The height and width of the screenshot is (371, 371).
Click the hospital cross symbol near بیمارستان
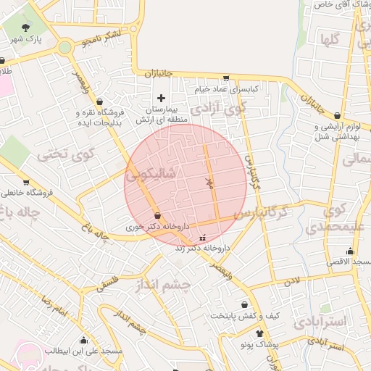[161, 98]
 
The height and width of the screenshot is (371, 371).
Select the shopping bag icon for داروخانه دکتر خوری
[158, 215]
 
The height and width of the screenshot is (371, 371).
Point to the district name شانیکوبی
[151, 175]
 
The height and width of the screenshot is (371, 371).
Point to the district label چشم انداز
[162, 285]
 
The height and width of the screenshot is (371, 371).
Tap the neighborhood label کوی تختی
[66, 154]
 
